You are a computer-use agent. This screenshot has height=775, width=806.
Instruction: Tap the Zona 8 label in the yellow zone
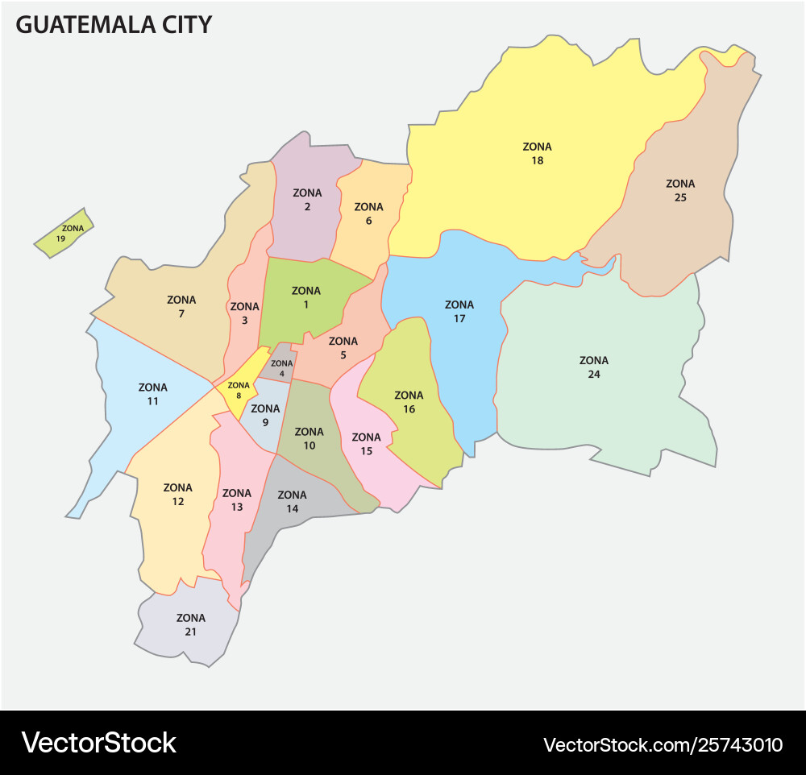coord(239,390)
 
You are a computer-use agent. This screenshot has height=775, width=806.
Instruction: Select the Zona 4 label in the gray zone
coord(282,368)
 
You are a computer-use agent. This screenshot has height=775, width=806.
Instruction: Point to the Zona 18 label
coord(537,153)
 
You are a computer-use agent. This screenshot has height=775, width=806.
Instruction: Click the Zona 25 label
coord(680,190)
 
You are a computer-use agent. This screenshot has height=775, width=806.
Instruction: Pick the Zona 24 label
coord(594,367)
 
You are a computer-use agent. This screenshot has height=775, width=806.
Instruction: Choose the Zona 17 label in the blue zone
coord(459,311)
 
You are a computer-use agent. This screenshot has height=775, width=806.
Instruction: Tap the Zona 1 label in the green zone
coord(305,297)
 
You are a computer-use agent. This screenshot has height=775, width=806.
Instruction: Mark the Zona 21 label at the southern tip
coord(191,624)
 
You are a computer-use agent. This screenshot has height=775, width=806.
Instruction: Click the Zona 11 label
coord(153,394)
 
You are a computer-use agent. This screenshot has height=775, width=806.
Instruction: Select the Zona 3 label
coord(244,313)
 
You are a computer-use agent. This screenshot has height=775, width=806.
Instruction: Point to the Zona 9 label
coord(265,415)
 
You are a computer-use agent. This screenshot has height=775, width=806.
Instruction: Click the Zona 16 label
coord(409,402)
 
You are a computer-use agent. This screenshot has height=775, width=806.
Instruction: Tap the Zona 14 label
coord(292,501)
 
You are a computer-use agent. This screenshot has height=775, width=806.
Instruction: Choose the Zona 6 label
coord(368,213)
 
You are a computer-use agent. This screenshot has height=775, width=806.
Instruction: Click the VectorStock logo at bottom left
coord(98,742)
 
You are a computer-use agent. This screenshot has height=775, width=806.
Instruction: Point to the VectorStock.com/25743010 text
coord(663,744)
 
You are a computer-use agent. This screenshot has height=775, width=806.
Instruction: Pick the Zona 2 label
coord(307,200)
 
